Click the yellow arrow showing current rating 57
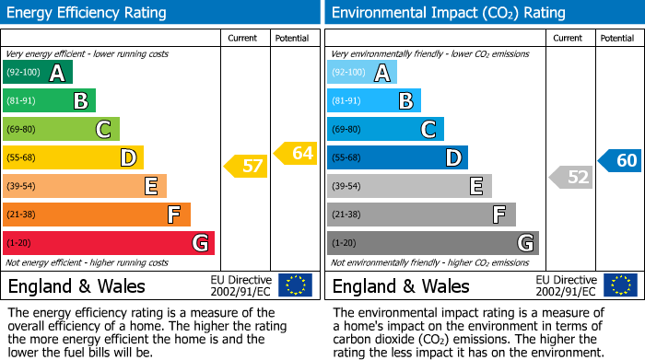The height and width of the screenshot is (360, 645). tap(245, 167)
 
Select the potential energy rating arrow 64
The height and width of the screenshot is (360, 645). tap(296, 153)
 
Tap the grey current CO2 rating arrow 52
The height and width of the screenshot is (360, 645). tap(570, 177)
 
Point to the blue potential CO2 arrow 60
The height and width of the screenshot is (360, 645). tap(620, 160)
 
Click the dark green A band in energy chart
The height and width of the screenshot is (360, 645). tap(37, 73)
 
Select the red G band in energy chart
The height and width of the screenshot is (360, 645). tap(109, 243)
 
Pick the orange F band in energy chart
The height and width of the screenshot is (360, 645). tap(97, 215)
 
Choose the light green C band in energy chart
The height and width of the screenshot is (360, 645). tap(61, 129)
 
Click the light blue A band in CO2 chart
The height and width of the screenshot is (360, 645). tap(362, 73)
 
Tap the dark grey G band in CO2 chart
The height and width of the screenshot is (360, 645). tap(432, 243)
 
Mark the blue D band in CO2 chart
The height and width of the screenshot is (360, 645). tap(397, 157)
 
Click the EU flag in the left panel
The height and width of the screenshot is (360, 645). tap(295, 285)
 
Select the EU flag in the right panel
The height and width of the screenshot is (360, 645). tap(621, 285)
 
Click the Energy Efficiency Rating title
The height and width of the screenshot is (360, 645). tap(88, 13)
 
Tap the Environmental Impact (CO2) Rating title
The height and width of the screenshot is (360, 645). tap(448, 13)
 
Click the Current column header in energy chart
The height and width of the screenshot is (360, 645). tap(243, 38)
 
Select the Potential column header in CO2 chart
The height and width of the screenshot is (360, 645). tap(616, 38)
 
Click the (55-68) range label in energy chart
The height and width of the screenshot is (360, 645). tap(22, 157)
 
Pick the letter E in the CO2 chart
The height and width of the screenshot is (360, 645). tap(475, 186)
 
